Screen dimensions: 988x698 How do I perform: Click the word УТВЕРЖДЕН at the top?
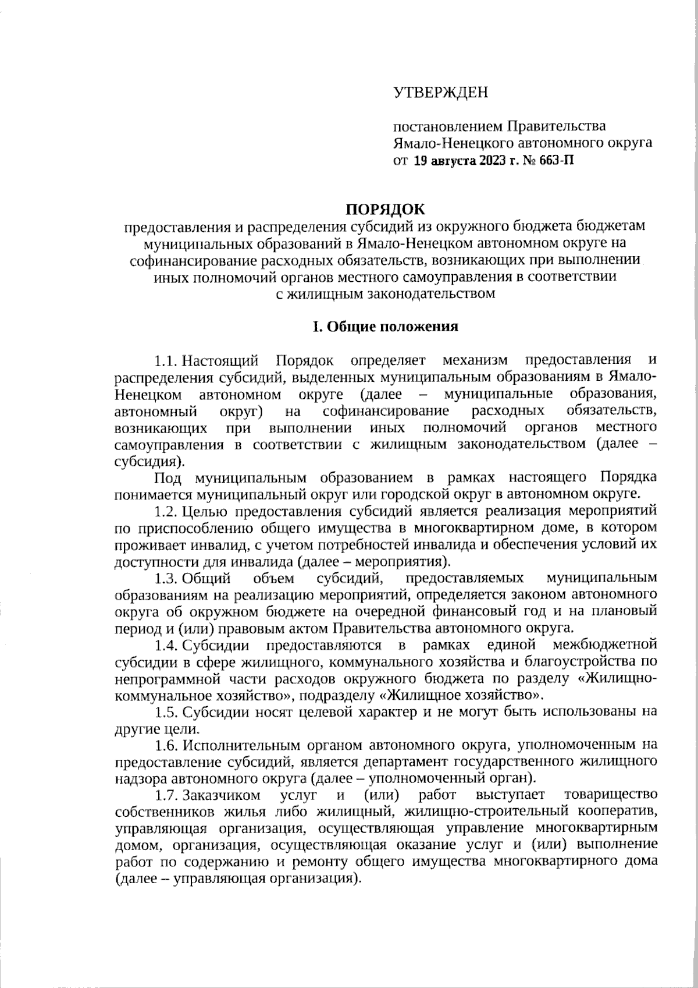pos(441,93)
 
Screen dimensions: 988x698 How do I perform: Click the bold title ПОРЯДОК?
pos(386,208)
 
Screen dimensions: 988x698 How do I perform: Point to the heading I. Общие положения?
pos(386,327)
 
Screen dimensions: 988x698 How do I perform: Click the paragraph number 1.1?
pos(165,361)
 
